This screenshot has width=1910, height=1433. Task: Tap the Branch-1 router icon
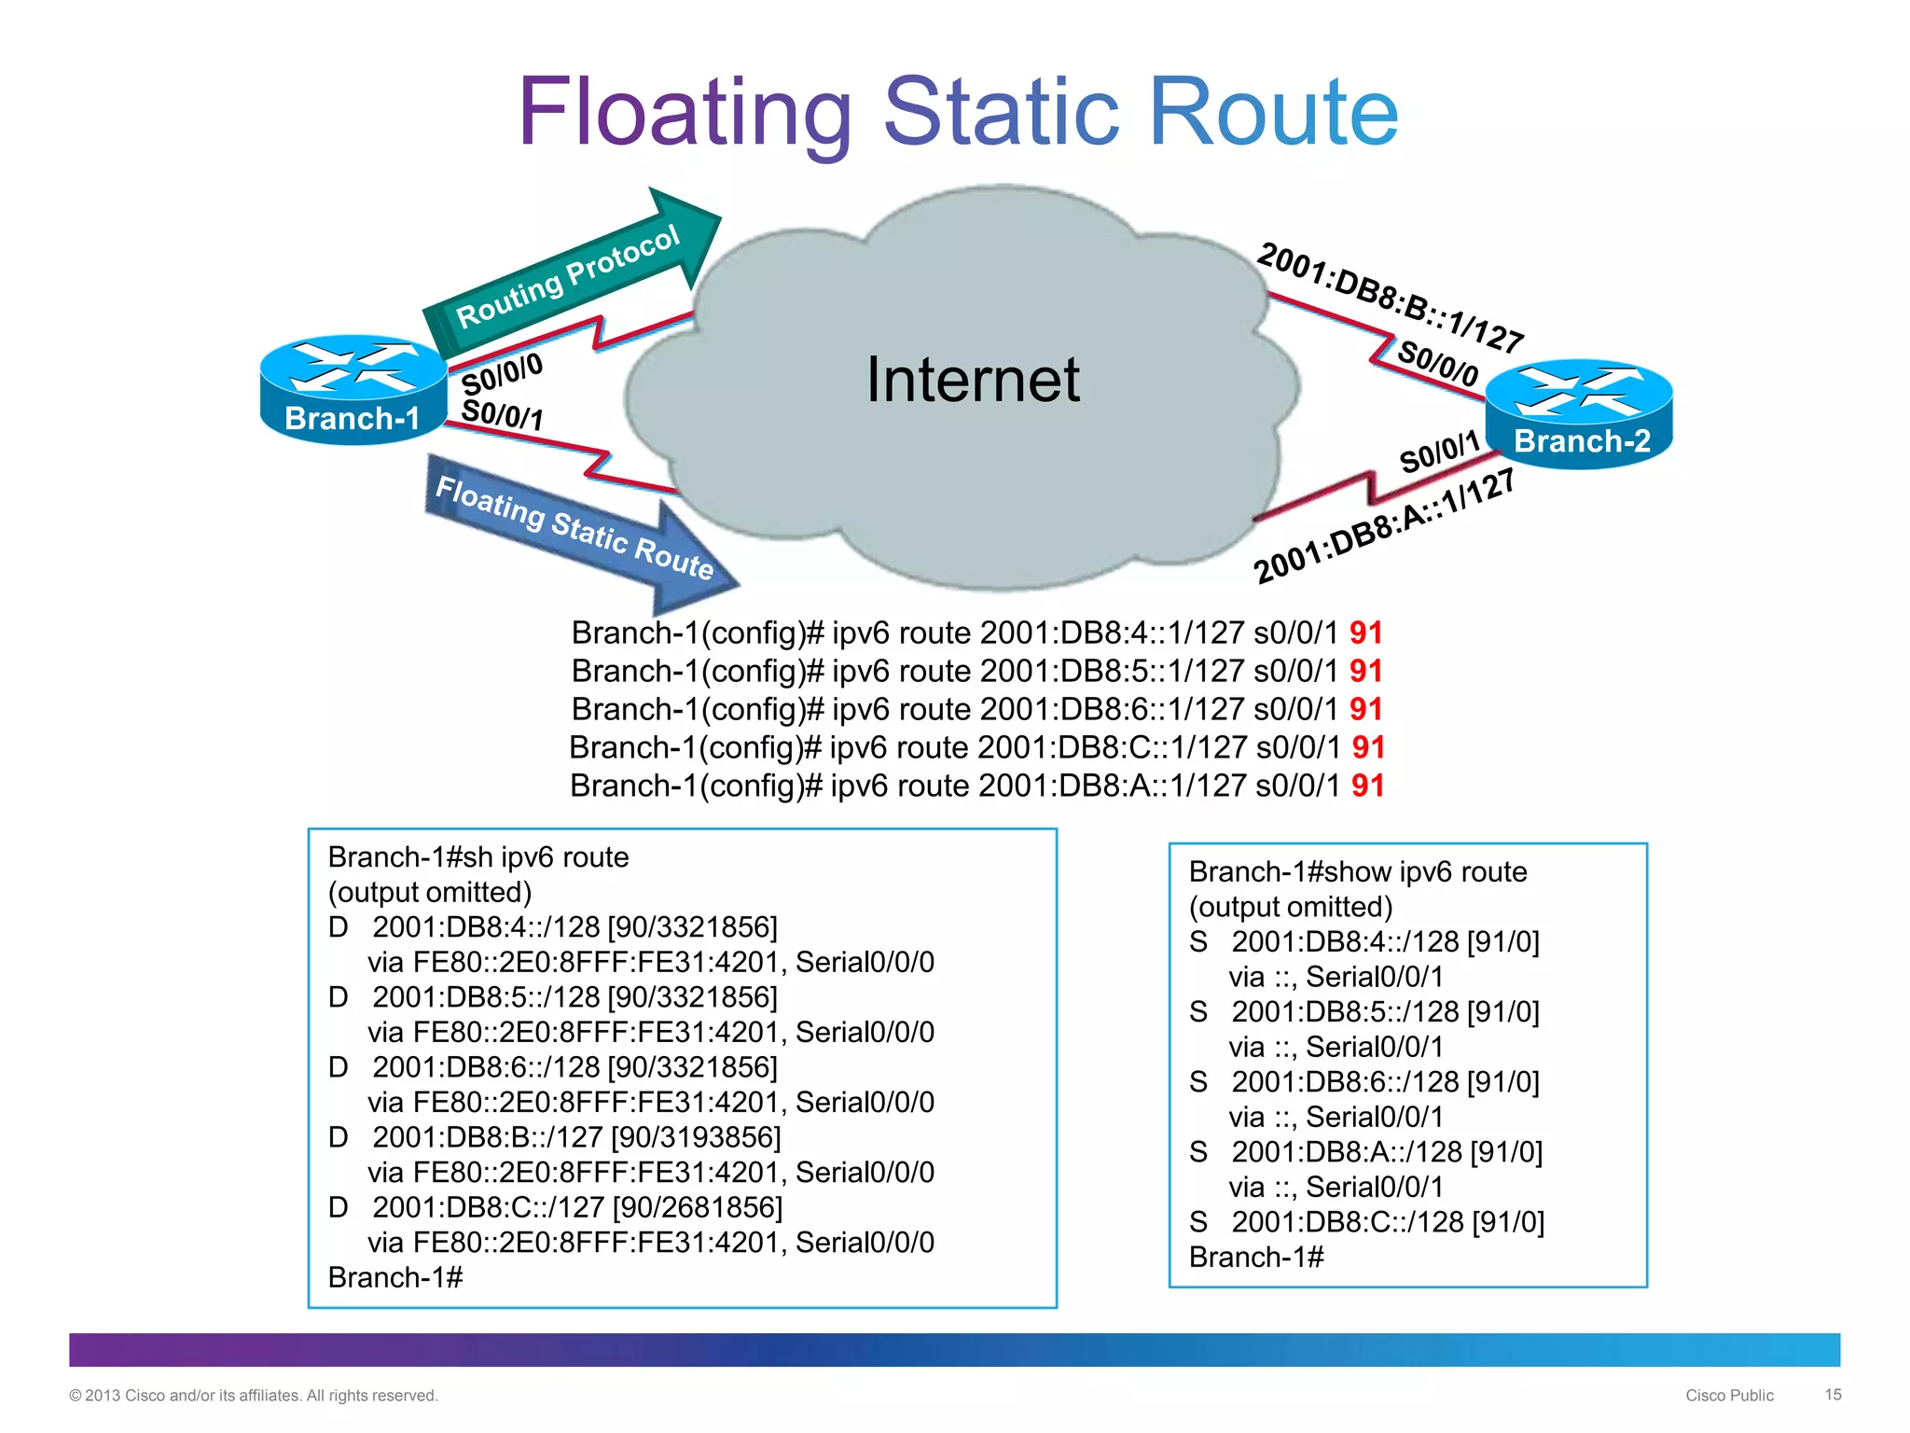click(353, 389)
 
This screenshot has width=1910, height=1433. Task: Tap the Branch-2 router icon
click(1580, 413)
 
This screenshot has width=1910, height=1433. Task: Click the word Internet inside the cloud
click(973, 381)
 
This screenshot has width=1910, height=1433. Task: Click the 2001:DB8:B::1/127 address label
click(1390, 298)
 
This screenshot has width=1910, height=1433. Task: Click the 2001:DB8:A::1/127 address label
click(1384, 528)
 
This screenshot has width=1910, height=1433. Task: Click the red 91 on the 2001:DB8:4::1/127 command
click(1365, 633)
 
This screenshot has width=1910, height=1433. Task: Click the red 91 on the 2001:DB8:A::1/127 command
click(1367, 786)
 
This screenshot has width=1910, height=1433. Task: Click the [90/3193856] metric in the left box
click(696, 1137)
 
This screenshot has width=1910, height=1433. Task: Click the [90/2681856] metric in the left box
click(698, 1207)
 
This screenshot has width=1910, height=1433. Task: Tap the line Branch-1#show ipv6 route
click(1357, 872)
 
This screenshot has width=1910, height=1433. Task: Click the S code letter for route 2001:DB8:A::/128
click(1198, 1152)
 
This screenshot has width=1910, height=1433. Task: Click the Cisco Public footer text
click(1728, 1396)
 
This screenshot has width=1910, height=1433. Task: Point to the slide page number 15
click(1833, 1395)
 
